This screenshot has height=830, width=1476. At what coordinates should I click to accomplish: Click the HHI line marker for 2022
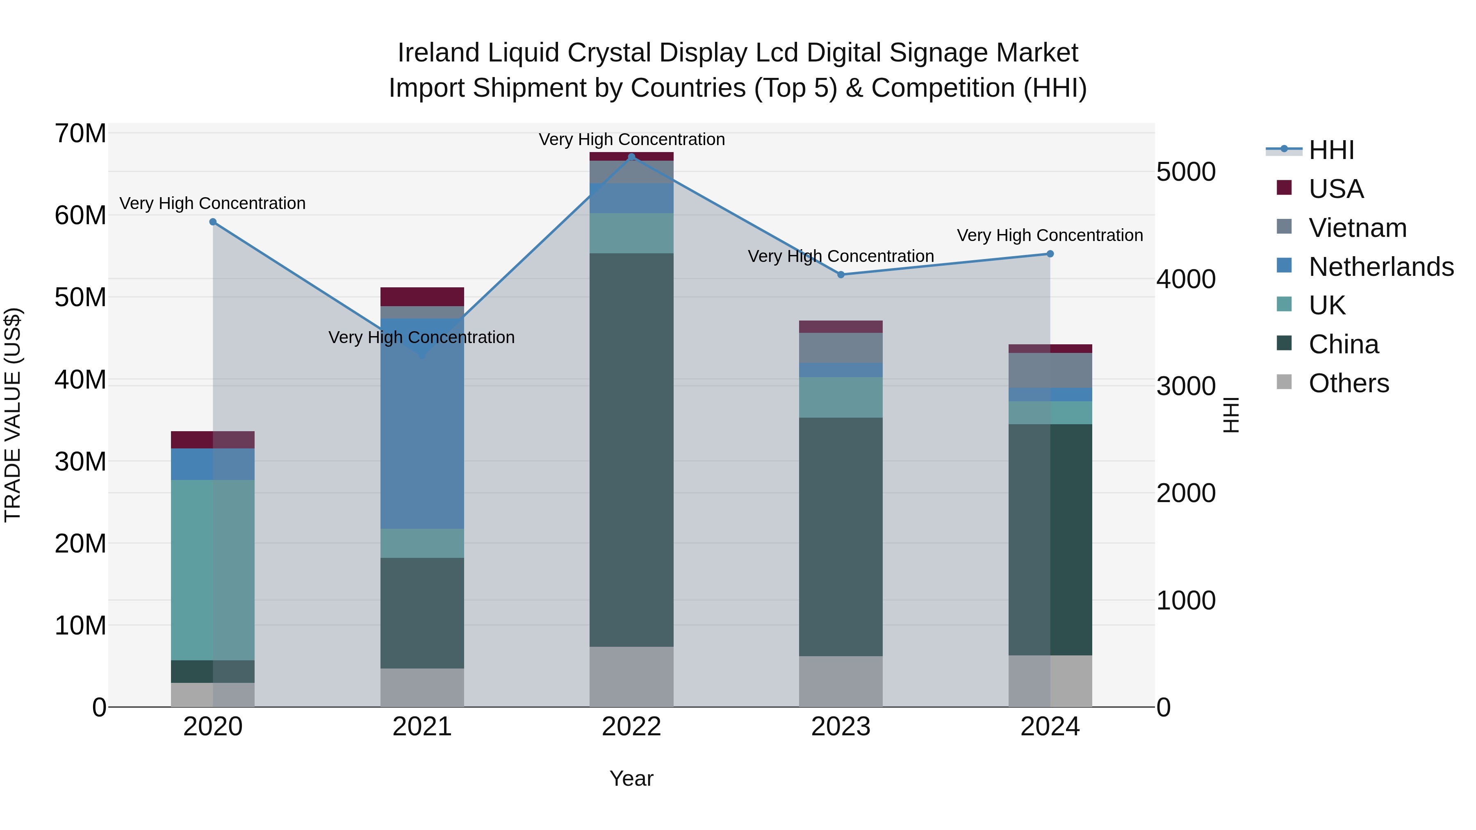[631, 157]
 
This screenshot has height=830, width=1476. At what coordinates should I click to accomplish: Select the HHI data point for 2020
[212, 222]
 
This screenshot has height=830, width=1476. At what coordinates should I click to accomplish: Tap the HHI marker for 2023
[840, 274]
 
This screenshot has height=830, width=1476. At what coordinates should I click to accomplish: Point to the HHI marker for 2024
[1050, 254]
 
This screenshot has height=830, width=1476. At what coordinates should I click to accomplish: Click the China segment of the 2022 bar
[631, 450]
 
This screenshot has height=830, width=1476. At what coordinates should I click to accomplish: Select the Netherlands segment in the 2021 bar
[422, 424]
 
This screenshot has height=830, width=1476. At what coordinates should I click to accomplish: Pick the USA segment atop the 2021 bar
[422, 296]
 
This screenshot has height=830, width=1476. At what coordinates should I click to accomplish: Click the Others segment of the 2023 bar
[840, 681]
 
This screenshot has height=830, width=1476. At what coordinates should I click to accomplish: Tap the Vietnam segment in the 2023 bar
[840, 347]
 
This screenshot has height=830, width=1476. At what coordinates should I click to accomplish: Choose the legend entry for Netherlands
[1381, 267]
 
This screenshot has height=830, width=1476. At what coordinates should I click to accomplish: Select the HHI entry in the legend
[1331, 150]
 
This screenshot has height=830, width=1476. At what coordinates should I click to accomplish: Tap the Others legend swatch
[1284, 382]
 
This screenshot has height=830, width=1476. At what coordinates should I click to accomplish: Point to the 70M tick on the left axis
[80, 134]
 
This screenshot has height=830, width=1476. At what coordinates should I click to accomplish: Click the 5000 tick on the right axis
[1185, 172]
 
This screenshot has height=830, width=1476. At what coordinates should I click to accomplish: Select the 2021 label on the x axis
[422, 727]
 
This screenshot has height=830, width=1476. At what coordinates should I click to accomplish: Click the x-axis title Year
[631, 778]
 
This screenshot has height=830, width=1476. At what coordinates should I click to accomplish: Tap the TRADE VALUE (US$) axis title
[13, 415]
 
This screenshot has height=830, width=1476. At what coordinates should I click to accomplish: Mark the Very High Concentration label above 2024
[1050, 235]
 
